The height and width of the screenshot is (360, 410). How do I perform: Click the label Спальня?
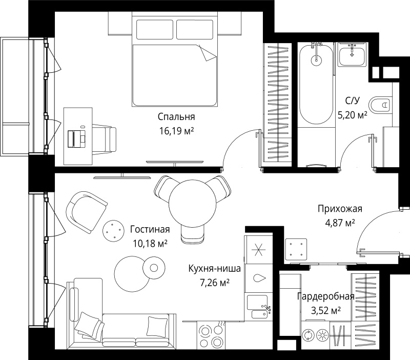(x=176, y=117)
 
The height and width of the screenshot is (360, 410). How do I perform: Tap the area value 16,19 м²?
(x=176, y=131)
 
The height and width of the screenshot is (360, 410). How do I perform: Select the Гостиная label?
(x=150, y=229)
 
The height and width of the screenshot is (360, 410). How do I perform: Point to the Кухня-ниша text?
(x=214, y=268)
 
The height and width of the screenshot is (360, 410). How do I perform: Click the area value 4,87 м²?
(x=340, y=223)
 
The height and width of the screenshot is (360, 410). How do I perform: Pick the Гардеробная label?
(x=326, y=296)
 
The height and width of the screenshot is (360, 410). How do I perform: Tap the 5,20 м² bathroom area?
(x=353, y=114)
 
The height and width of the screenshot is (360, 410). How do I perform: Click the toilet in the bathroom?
(x=380, y=105)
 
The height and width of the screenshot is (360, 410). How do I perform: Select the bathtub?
(x=316, y=84)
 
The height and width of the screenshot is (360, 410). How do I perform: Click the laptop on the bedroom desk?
(x=77, y=138)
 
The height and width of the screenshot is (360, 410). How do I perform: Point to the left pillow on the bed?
(x=155, y=29)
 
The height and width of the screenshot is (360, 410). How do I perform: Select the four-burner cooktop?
(x=211, y=335)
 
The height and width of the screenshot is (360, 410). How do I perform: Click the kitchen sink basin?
(x=258, y=303)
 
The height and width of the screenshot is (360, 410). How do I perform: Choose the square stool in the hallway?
(x=296, y=249)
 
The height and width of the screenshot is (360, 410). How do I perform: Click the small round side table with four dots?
(x=113, y=230)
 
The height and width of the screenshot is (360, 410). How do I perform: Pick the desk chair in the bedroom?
(x=105, y=138)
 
